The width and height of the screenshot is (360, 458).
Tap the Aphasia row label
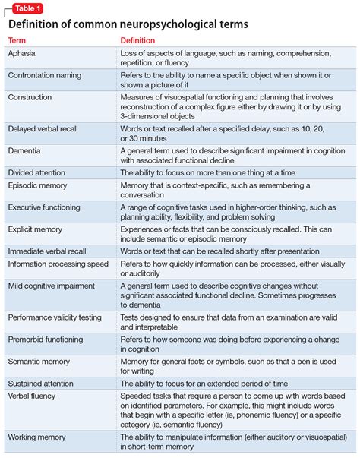tap(22, 55)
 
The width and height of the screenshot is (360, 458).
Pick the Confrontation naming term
tap(45, 75)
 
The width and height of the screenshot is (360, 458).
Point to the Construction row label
tap(30, 97)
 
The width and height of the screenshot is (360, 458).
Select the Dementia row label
tap(24, 151)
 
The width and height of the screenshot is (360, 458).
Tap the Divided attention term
tap(36, 173)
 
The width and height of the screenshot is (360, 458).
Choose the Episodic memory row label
tap(37, 185)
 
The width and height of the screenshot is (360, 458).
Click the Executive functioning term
tap(45, 207)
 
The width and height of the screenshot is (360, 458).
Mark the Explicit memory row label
tap(36, 228)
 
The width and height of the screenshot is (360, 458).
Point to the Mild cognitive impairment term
tap(51, 286)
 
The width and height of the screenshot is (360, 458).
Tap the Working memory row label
tap(36, 437)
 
